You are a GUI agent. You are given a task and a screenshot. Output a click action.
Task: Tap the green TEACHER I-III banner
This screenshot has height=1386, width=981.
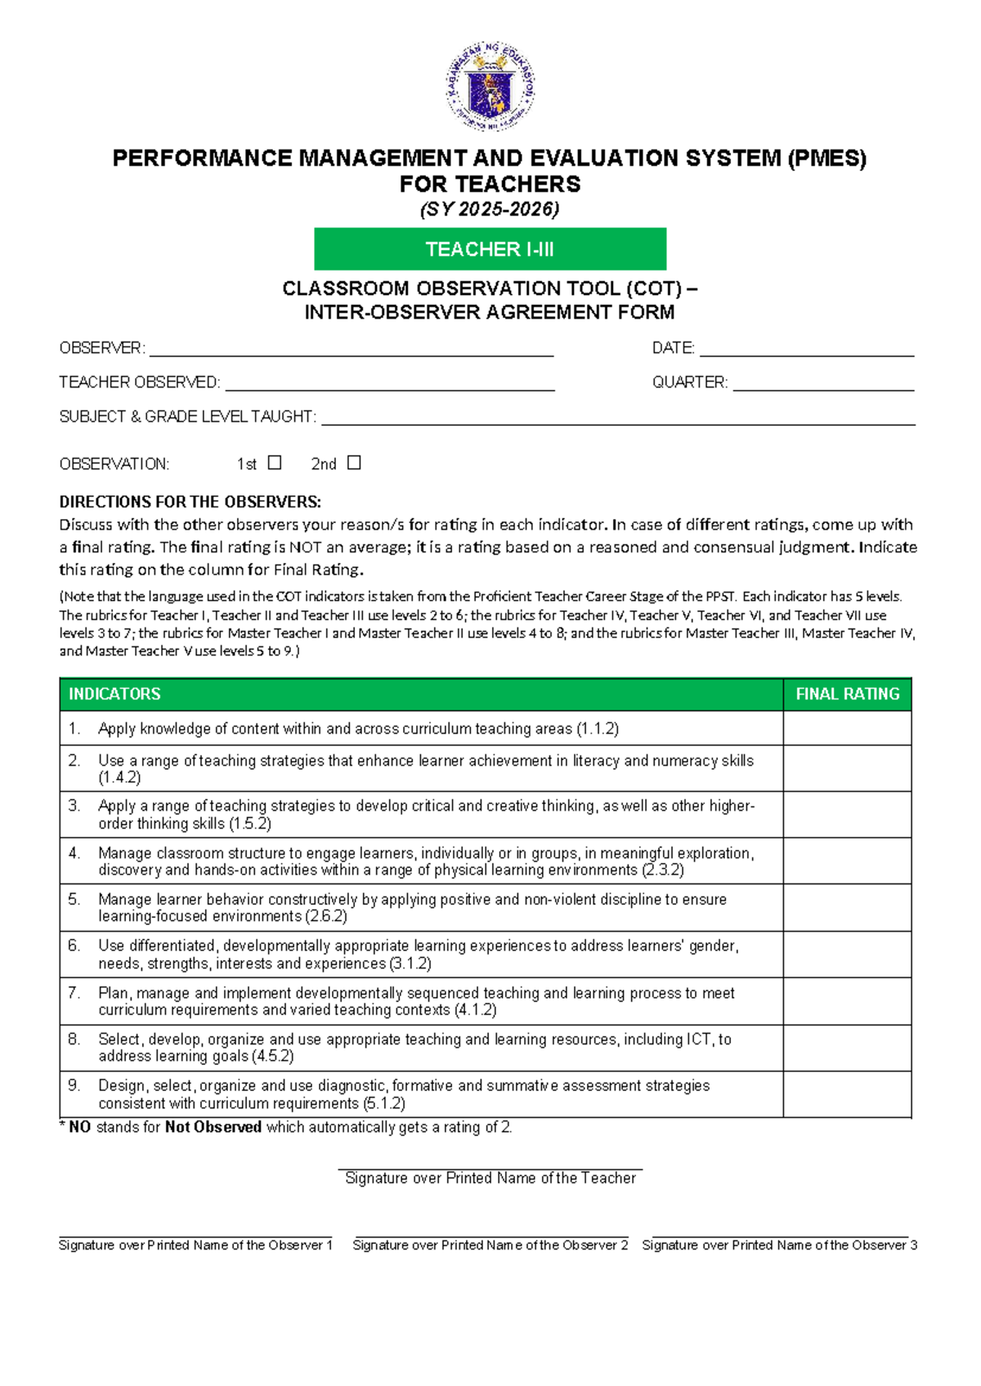490,249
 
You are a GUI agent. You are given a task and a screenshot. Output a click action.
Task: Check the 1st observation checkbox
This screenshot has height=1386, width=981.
275,463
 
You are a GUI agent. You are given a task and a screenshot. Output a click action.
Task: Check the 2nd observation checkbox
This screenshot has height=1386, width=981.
354,463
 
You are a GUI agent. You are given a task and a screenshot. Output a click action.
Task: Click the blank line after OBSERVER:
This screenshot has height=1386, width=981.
352,351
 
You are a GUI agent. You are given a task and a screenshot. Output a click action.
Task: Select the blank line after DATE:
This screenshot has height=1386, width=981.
806,351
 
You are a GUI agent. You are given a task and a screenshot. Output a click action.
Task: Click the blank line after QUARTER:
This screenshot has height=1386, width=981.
822,386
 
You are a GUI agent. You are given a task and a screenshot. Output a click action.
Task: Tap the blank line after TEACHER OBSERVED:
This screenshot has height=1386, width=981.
389,386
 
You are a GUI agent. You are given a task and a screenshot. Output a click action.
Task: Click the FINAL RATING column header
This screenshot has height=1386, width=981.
847,694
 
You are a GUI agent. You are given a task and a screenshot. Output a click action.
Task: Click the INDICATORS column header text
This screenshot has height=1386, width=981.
114,694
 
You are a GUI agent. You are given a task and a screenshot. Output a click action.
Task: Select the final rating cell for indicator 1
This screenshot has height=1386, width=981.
847,728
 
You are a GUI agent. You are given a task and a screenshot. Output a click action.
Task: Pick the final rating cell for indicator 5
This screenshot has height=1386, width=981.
847,907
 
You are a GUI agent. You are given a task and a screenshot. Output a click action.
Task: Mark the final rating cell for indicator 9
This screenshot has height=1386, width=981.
847,1094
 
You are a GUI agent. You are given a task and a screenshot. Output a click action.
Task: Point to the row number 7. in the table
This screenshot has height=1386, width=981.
74,993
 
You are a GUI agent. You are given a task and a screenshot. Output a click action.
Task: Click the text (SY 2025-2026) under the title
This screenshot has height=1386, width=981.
490,210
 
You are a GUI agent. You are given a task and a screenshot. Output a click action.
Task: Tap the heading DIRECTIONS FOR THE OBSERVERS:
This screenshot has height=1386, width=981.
190,502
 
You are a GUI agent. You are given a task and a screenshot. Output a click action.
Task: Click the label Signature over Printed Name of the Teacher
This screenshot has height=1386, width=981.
490,1178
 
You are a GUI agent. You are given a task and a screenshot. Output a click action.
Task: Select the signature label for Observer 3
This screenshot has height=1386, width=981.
779,1245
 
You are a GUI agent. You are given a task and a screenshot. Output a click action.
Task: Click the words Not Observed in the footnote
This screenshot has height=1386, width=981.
213,1127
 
